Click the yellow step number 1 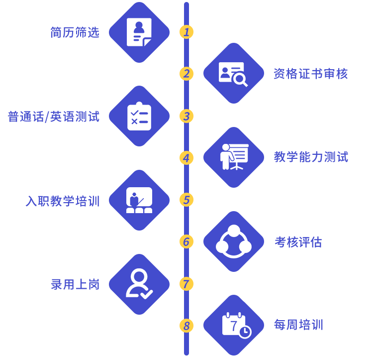point(186,32)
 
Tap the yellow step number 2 point(186,74)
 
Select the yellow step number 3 point(186,116)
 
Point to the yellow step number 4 point(186,158)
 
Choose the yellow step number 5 point(186,200)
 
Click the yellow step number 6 point(186,241)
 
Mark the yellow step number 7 point(186,284)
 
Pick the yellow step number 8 point(186,326)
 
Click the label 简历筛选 point(75,32)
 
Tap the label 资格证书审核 point(310,74)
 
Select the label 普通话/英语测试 point(54,117)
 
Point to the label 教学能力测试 point(311,157)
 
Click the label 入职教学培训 point(63,201)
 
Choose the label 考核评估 point(298,242)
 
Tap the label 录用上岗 point(75,284)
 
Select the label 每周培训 point(298,325)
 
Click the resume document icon point(139,32)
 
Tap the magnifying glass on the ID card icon point(240,79)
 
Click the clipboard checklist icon point(139,117)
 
